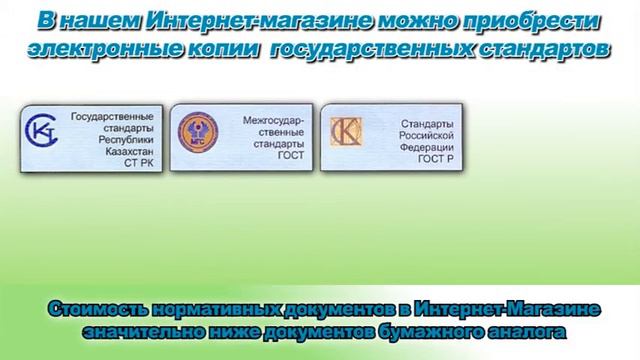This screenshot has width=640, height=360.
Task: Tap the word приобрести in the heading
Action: [x=524, y=21]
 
